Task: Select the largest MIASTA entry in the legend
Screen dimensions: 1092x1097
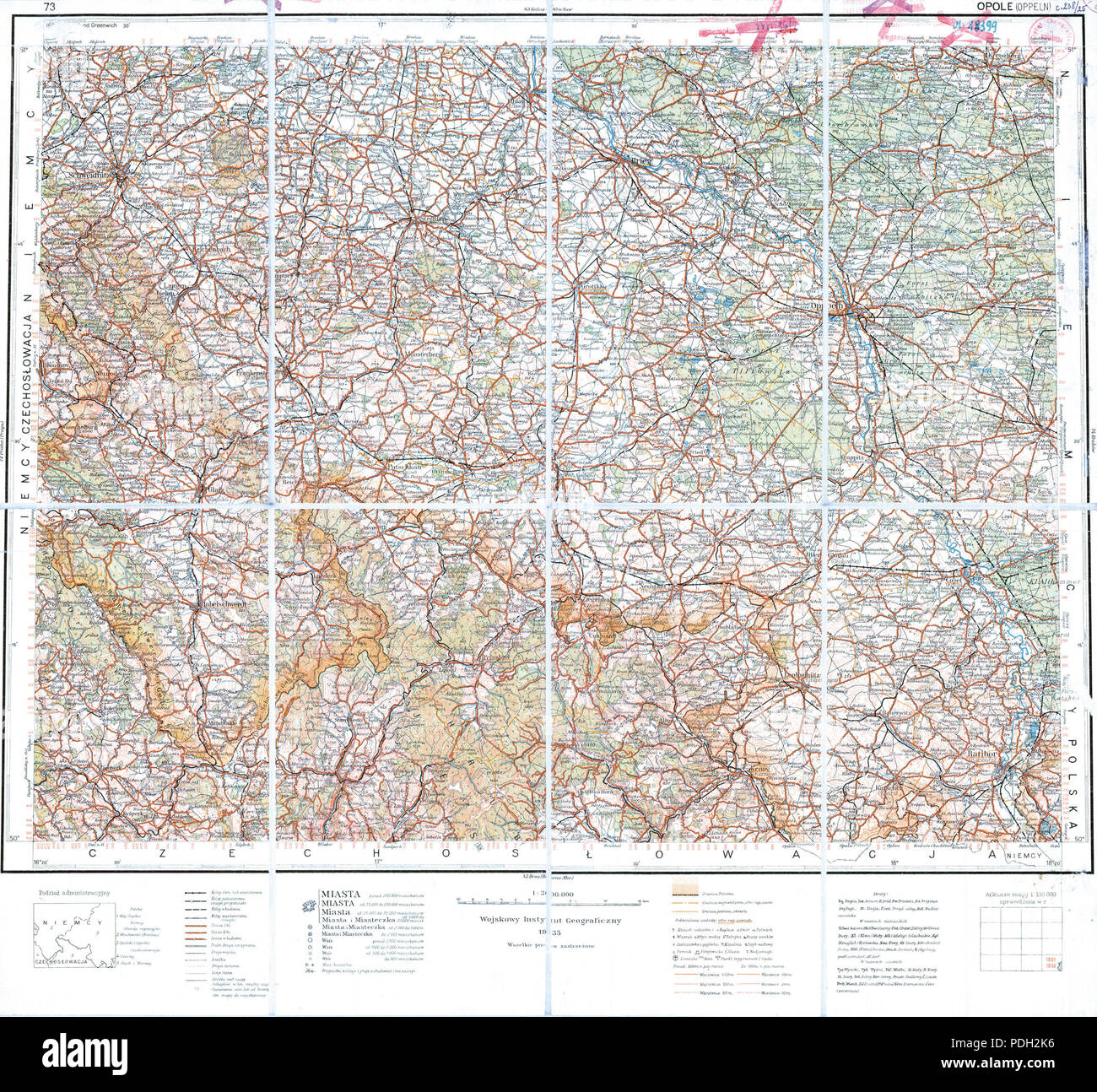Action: [x=339, y=894]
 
